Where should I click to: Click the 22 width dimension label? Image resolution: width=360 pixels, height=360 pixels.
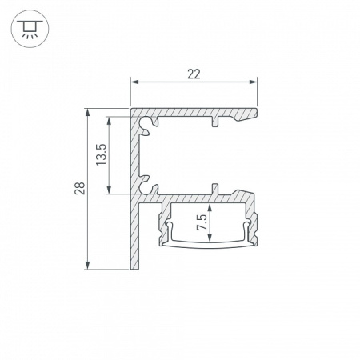(194, 74)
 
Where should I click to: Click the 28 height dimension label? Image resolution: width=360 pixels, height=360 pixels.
(80, 188)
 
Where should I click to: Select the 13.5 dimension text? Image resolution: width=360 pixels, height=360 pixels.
(102, 154)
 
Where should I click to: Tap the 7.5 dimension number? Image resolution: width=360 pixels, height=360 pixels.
(202, 222)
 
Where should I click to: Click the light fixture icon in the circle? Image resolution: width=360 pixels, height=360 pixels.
(30, 29)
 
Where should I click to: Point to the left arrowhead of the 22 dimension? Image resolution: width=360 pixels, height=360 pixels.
(134, 82)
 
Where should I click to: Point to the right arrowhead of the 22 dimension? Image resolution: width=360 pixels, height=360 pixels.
(253, 82)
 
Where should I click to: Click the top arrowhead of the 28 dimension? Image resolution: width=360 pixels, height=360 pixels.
(87, 113)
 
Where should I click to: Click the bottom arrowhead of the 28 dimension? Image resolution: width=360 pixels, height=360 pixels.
(87, 266)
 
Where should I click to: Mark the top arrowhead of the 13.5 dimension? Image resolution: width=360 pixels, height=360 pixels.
(109, 121)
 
